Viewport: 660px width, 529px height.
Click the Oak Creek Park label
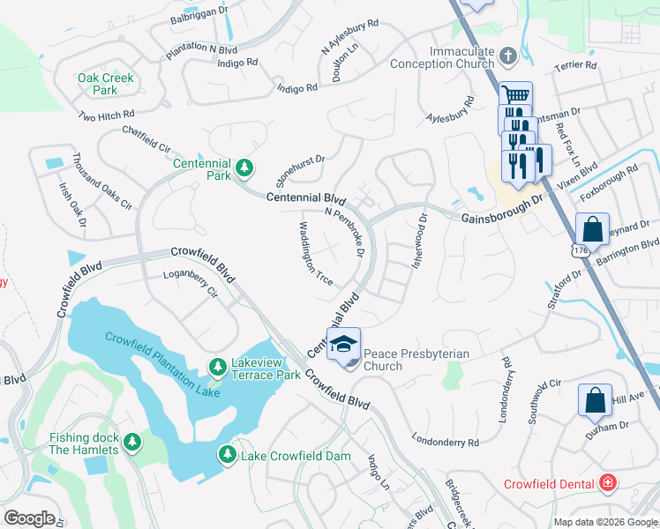click(105, 84)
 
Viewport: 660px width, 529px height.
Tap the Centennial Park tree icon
click(245, 166)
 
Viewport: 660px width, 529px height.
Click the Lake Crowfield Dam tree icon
click(227, 454)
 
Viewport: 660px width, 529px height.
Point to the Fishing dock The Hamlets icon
click(132, 441)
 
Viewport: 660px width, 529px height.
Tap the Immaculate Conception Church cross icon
click(507, 56)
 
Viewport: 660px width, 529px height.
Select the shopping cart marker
click(515, 95)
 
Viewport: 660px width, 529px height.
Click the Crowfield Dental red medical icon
click(607, 482)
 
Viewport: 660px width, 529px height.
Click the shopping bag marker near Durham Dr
click(595, 399)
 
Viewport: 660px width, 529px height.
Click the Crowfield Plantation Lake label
click(162, 363)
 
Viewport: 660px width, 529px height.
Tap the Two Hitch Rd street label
click(106, 115)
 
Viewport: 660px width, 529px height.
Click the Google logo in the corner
click(29, 518)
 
